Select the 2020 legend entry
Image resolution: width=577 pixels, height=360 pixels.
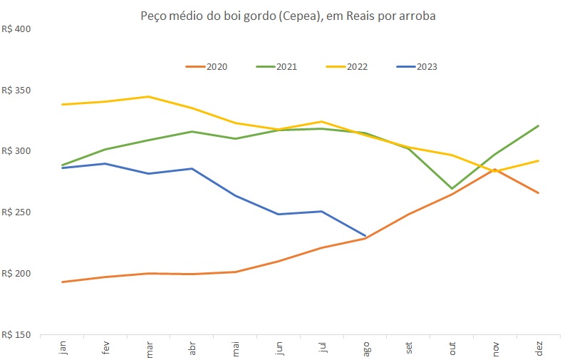tap(206, 67)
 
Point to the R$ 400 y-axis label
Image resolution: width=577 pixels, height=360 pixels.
tap(17, 29)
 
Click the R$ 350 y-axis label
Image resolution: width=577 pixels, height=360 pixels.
tap(17, 91)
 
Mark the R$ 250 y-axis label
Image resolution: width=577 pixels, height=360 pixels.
tap(17, 212)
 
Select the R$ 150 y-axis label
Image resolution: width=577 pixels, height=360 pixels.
tap(17, 334)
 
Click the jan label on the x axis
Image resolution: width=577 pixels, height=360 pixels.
tap(63, 348)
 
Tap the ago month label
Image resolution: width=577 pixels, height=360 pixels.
tap(365, 348)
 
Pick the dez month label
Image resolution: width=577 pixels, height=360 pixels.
tap(539, 348)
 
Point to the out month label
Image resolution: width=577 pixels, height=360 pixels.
tap(452, 348)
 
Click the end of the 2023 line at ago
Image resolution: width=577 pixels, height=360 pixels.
tap(365, 235)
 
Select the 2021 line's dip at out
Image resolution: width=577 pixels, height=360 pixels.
tap(452, 189)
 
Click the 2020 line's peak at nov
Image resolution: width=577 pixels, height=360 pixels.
tap(495, 170)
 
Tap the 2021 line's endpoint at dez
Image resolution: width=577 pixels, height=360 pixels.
tap(539, 125)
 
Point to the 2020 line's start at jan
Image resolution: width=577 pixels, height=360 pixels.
tap(63, 282)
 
